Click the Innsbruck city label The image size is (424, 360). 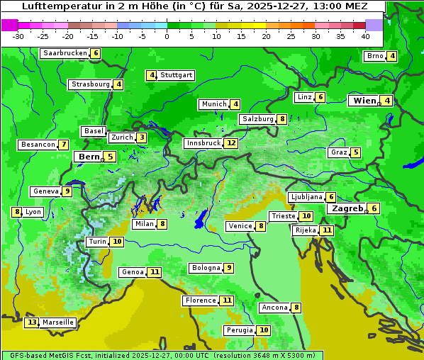(x=203, y=143)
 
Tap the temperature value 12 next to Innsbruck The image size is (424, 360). (x=231, y=143)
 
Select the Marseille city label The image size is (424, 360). (x=58, y=322)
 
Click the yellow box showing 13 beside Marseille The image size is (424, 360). (x=31, y=322)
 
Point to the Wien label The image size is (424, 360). (x=364, y=101)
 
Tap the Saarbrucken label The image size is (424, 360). (x=65, y=53)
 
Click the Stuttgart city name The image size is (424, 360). (x=176, y=75)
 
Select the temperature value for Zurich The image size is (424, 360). (x=142, y=137)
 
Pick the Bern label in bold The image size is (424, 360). (x=89, y=157)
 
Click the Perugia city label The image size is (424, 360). (x=239, y=330)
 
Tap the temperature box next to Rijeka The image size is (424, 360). (x=326, y=230)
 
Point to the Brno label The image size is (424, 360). (x=374, y=56)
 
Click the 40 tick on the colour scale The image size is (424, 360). (x=365, y=36)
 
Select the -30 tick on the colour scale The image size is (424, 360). (x=18, y=36)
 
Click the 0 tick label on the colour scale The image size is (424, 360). (x=167, y=36)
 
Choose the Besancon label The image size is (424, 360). (x=38, y=145)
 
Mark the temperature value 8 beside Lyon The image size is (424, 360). (x=16, y=212)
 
